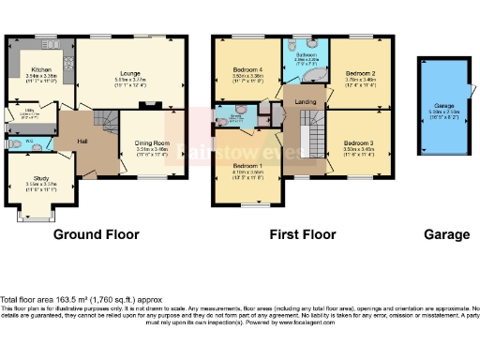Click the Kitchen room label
[39, 69]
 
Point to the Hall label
[82, 142]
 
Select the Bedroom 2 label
[360, 72]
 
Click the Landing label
[305, 101]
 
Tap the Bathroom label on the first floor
[304, 56]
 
